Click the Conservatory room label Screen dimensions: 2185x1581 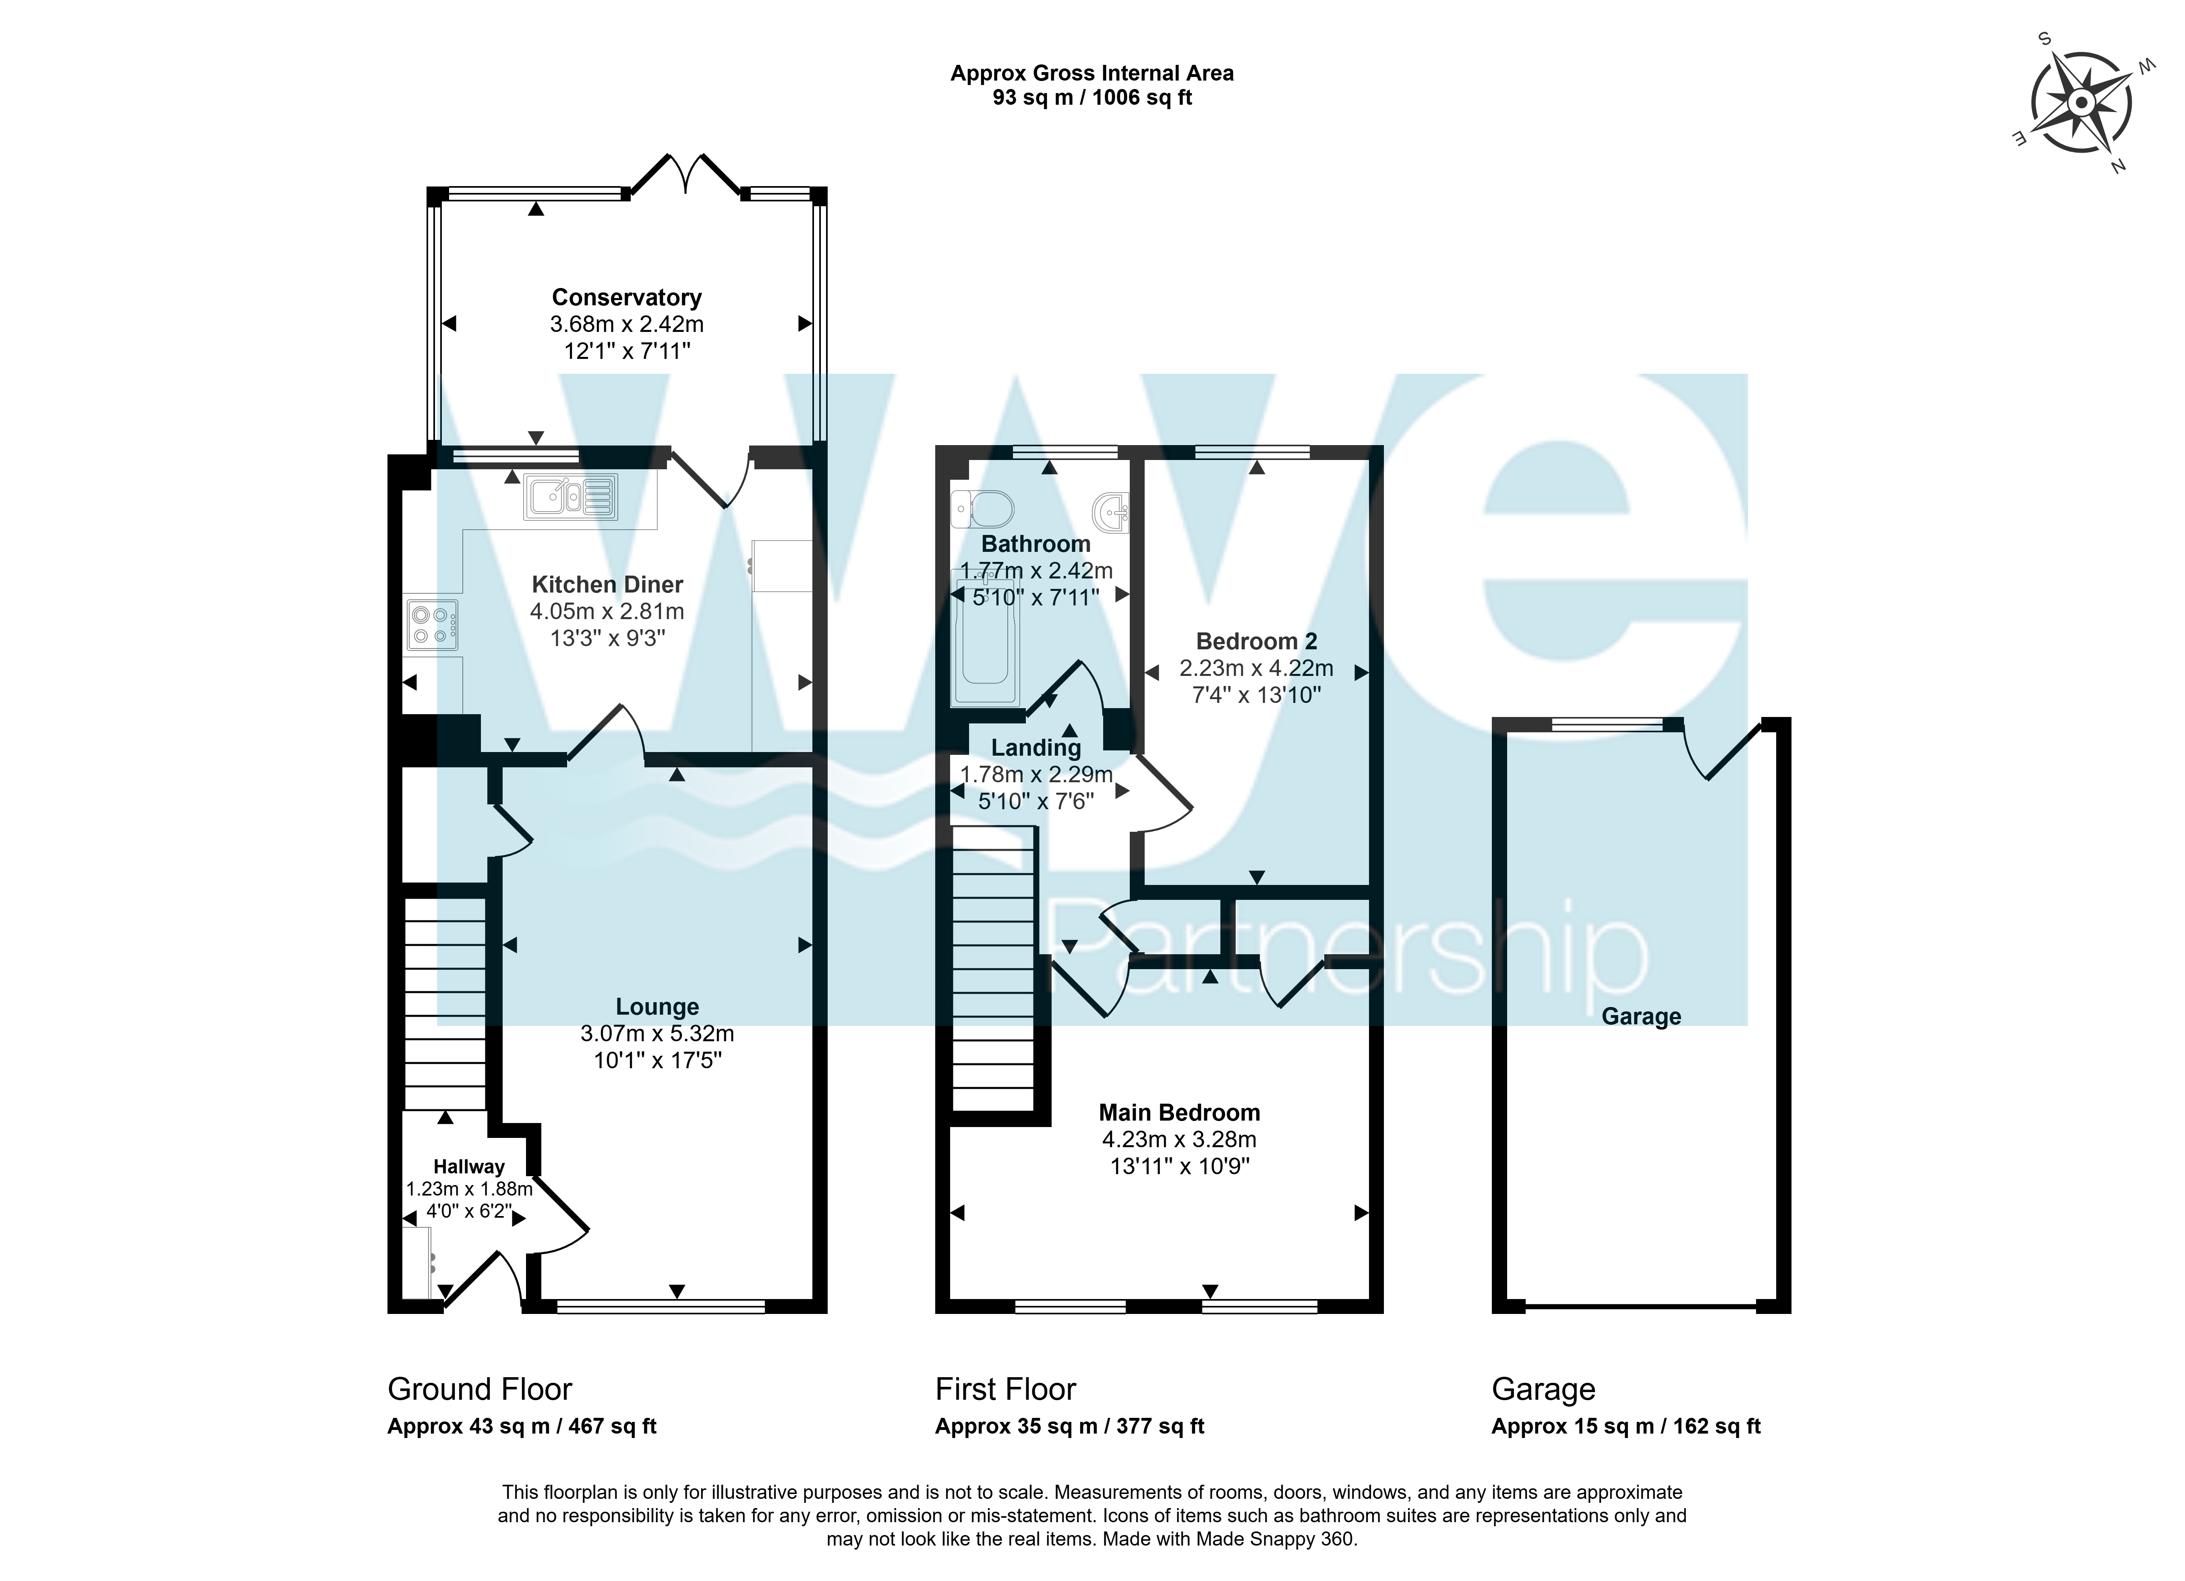626,298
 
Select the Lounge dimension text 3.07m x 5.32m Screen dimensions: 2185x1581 657,1034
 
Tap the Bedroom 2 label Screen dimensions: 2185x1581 1256,641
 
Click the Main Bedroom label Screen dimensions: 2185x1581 1179,1113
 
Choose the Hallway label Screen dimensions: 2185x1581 468,1167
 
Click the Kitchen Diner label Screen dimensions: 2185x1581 607,585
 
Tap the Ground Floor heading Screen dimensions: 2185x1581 480,1389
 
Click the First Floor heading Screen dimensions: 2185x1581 1005,1389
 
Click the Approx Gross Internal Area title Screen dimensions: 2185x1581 1091,73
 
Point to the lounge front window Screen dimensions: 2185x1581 661,1306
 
